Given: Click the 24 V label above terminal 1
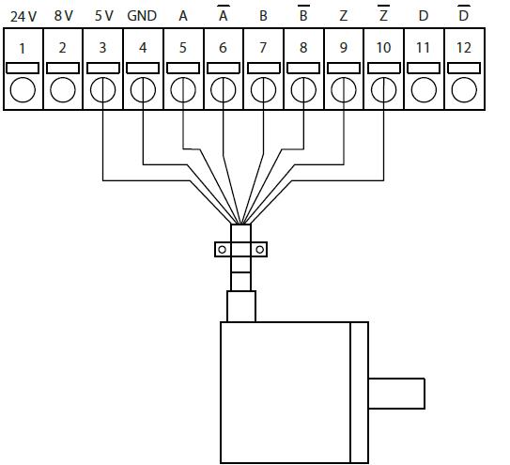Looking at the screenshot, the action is point(23,16).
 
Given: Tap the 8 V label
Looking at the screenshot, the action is point(64,16).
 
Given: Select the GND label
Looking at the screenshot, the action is point(142,16).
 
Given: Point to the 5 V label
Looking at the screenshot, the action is point(103,16).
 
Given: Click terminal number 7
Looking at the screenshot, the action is point(263,48).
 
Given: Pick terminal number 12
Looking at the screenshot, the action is point(463,48).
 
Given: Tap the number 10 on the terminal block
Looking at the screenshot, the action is point(383,48).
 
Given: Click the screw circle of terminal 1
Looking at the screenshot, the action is point(23,90).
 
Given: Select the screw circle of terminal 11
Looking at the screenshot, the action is point(424,90).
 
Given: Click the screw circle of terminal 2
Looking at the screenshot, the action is point(63,90).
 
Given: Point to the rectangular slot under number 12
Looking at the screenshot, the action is point(464,69).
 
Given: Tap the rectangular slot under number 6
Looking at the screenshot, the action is point(224,69).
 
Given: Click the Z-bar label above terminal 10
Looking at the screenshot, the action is point(383,13).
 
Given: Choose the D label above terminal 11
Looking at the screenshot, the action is point(424,16).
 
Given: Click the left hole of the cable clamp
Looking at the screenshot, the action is point(223,250).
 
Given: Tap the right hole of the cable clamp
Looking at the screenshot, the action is point(259,250).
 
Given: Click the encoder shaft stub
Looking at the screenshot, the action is point(396,393).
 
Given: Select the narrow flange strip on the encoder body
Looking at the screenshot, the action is point(360,393).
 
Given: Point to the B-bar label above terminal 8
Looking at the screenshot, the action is point(303,13).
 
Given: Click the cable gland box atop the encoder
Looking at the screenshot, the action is point(241,306).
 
